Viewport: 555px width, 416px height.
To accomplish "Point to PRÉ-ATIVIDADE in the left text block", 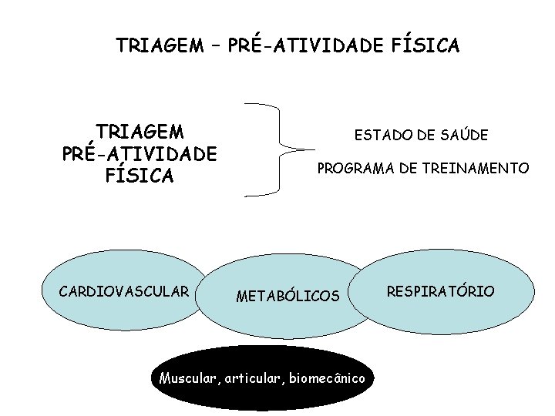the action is point(140,153).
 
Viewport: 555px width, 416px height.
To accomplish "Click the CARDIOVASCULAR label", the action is point(124,291).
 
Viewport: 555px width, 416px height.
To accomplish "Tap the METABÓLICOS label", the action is point(288,296).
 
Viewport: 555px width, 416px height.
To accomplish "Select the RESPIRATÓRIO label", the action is point(441,291).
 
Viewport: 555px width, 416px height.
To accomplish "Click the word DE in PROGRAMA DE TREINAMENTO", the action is point(409,168).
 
